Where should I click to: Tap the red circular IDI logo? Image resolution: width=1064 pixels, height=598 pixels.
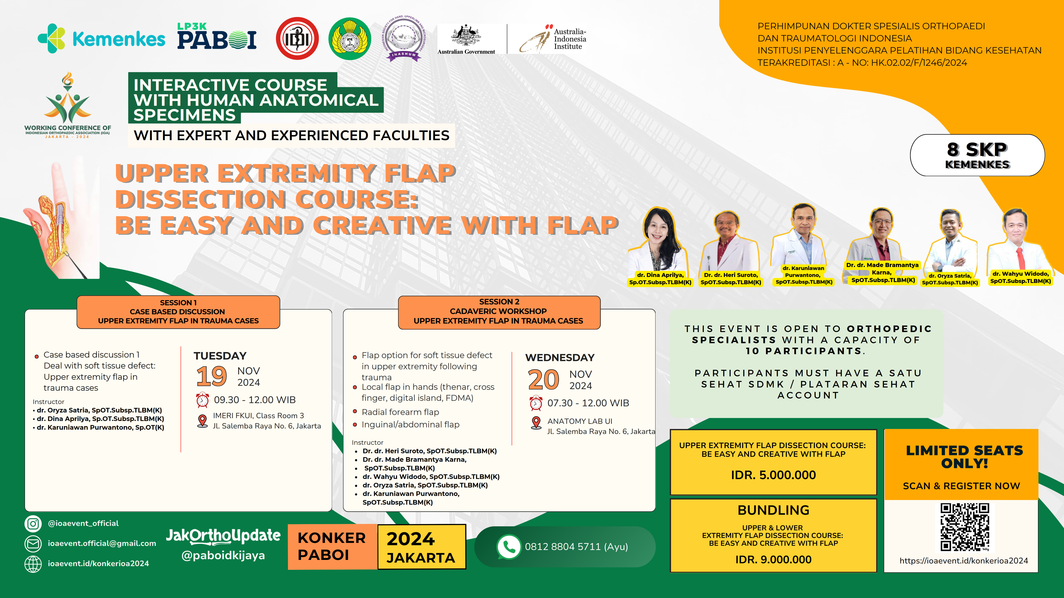[x=297, y=38]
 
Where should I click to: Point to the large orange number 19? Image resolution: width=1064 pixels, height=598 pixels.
[x=212, y=376]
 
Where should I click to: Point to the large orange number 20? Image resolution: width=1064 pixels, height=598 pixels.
[x=543, y=380]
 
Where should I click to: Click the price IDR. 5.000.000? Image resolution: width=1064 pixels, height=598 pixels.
[x=773, y=475]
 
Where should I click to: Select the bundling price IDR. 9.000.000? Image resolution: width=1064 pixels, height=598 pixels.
[x=773, y=560]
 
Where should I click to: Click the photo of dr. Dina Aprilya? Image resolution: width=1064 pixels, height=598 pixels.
[x=660, y=239]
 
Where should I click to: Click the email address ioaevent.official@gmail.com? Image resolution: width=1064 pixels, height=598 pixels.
[x=102, y=544]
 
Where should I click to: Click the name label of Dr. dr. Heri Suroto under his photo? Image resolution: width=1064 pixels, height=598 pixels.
[x=731, y=279]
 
